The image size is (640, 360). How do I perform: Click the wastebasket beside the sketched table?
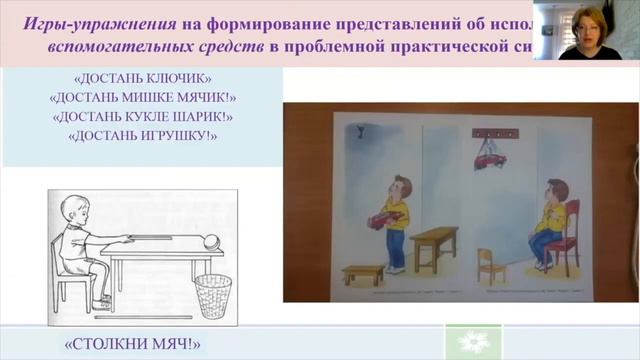(213, 295)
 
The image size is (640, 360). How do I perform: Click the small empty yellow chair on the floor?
(488, 266)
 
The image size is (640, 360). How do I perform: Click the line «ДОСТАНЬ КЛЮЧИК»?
(142, 79)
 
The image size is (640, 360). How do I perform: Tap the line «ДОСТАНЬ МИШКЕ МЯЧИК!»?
(142, 98)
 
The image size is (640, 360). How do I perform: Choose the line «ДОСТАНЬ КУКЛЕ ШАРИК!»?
(142, 116)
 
